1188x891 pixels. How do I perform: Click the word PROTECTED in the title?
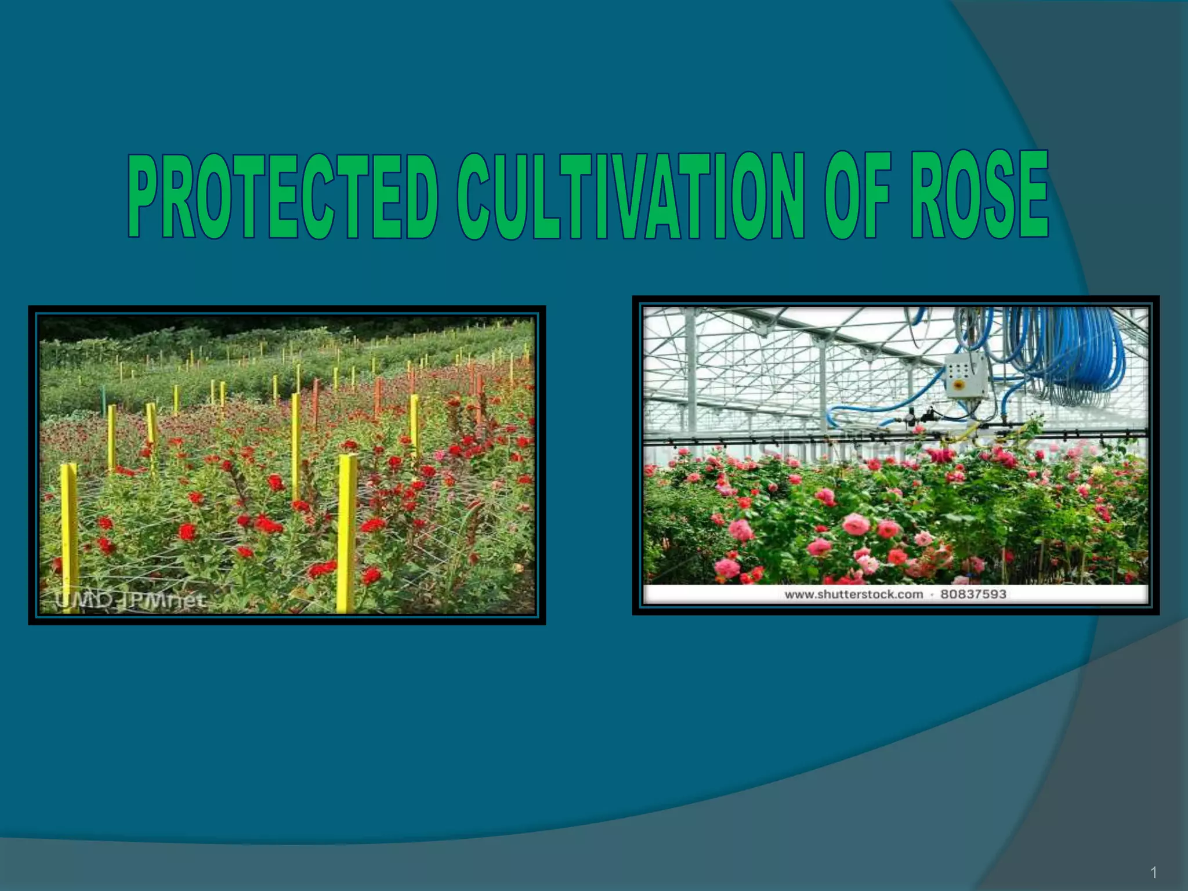[x=282, y=197]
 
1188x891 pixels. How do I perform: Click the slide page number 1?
[x=1154, y=872]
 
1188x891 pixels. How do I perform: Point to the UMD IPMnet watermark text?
[x=130, y=600]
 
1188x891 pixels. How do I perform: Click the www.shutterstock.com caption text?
[x=853, y=594]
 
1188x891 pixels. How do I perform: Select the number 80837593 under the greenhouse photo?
[x=973, y=594]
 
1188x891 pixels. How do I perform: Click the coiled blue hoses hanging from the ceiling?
[x=1073, y=354]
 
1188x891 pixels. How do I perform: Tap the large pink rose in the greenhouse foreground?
[x=856, y=524]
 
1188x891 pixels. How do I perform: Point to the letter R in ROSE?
[x=928, y=194]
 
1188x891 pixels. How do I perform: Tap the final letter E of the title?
[x=1032, y=194]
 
